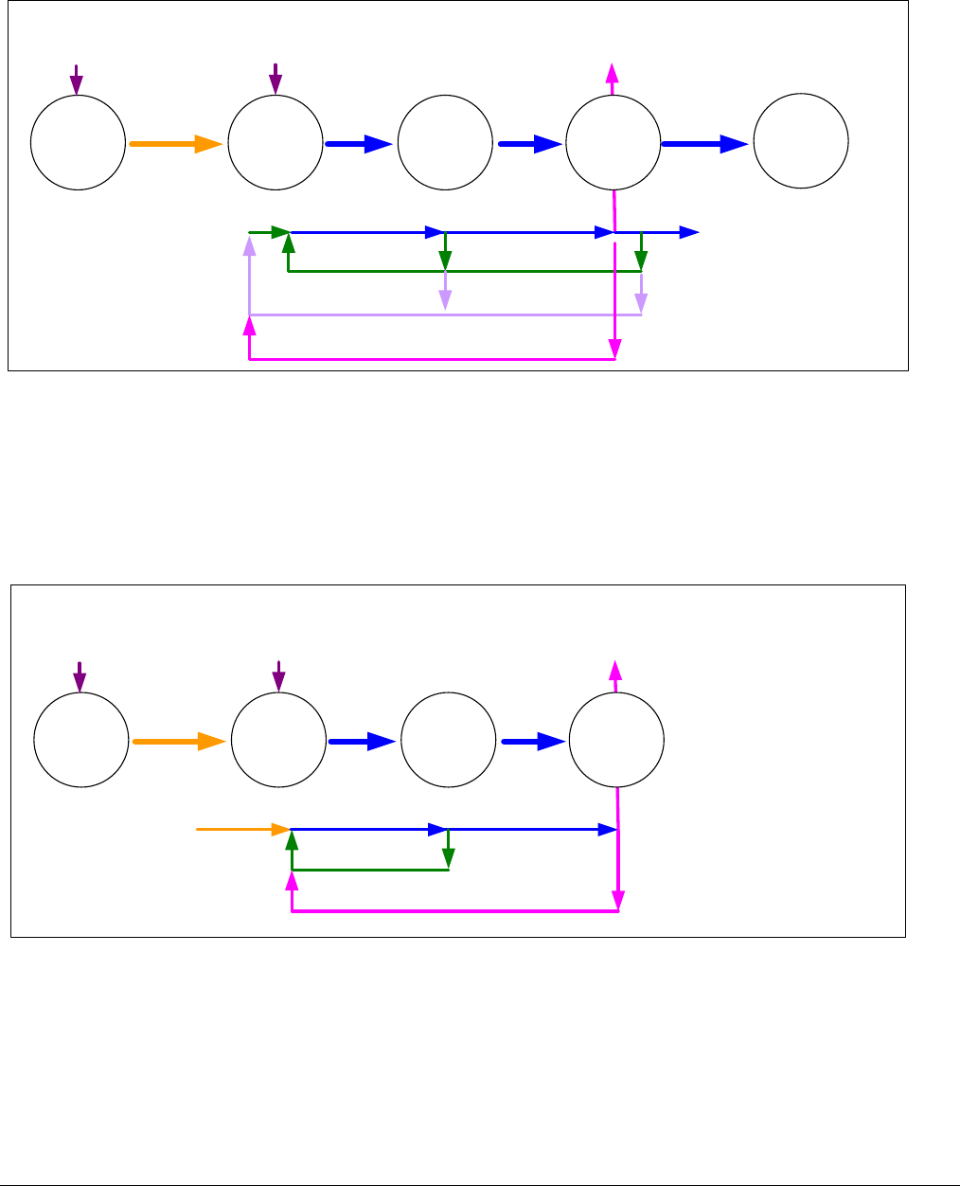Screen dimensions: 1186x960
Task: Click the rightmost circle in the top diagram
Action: pyautogui.click(x=801, y=141)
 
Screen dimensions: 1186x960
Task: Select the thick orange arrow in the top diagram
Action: pyautogui.click(x=176, y=144)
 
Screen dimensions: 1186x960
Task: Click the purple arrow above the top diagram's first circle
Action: pyautogui.click(x=77, y=80)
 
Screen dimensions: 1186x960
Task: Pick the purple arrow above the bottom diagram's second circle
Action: pyautogui.click(x=278, y=677)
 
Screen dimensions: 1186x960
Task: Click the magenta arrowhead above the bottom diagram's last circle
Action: pyautogui.click(x=616, y=671)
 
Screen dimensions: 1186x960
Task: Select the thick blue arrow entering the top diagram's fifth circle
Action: pyautogui.click(x=706, y=144)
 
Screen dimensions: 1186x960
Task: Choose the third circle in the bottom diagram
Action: pyautogui.click(x=448, y=741)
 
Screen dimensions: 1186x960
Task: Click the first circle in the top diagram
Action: pyautogui.click(x=78, y=142)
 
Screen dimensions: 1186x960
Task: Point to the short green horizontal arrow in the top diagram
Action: pyautogui.click(x=269, y=232)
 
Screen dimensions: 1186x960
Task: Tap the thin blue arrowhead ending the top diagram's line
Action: pyautogui.click(x=690, y=232)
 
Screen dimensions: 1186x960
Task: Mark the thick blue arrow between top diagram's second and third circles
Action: pyautogui.click(x=359, y=144)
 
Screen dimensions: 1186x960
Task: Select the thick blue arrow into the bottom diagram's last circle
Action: pyautogui.click(x=533, y=743)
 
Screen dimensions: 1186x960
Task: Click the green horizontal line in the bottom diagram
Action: pyautogui.click(x=369, y=870)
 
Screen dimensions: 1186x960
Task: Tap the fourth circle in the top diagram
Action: pyautogui.click(x=613, y=142)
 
